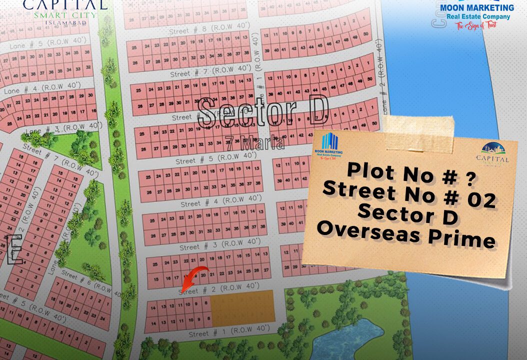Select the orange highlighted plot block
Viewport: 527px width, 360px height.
click(x=242, y=306)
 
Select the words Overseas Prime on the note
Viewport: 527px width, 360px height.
click(x=406, y=234)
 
